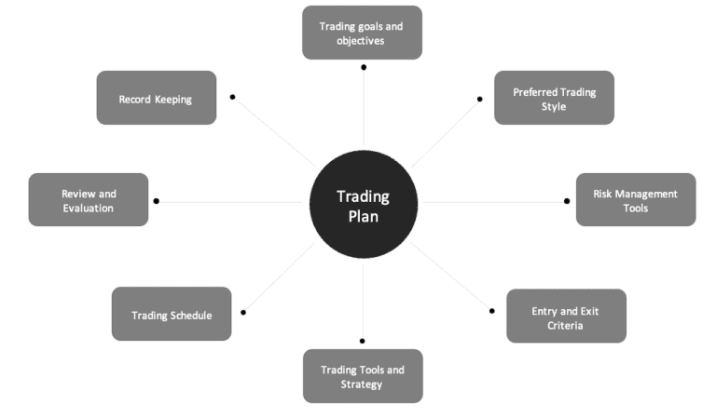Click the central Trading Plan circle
[x=363, y=206]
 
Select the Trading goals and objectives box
[x=362, y=33]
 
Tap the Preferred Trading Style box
[x=554, y=98]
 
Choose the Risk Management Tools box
[x=635, y=200]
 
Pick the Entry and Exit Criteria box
[x=566, y=317]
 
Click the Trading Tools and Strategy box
[x=363, y=376]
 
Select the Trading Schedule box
[x=172, y=315]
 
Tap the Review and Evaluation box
[x=89, y=200]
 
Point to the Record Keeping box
[x=156, y=98]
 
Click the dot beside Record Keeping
[x=232, y=96]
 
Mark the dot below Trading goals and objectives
[x=364, y=67]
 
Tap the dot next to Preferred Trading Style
[x=480, y=98]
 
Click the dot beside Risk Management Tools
[x=567, y=200]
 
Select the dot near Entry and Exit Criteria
[x=492, y=310]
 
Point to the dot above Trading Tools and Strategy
[x=363, y=341]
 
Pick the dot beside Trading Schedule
[x=243, y=312]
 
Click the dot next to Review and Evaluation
[x=156, y=201]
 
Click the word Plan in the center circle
[x=363, y=216]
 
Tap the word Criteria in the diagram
[x=566, y=325]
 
